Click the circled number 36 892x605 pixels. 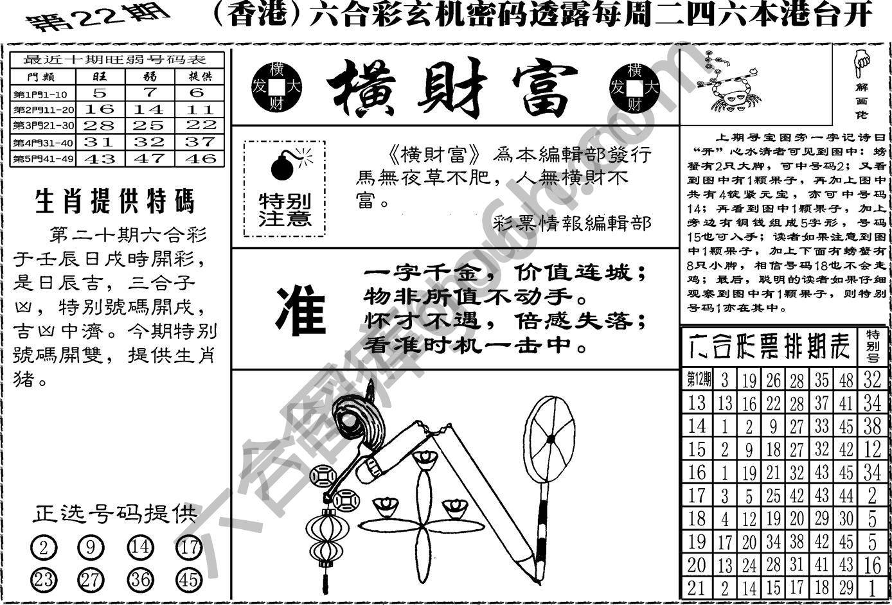click(140, 580)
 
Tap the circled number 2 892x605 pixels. click(44, 548)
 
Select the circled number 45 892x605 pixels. click(188, 580)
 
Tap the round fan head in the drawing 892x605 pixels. click(550, 438)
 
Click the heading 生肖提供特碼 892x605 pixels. click(114, 202)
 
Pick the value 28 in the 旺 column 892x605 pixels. click(100, 125)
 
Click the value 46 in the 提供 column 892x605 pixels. click(199, 158)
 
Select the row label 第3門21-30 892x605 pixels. click(43, 125)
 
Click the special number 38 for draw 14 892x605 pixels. click(871, 426)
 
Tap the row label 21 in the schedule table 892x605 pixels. click(697, 588)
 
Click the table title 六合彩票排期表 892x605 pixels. click(769, 347)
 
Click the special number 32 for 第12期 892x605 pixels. click(871, 380)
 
